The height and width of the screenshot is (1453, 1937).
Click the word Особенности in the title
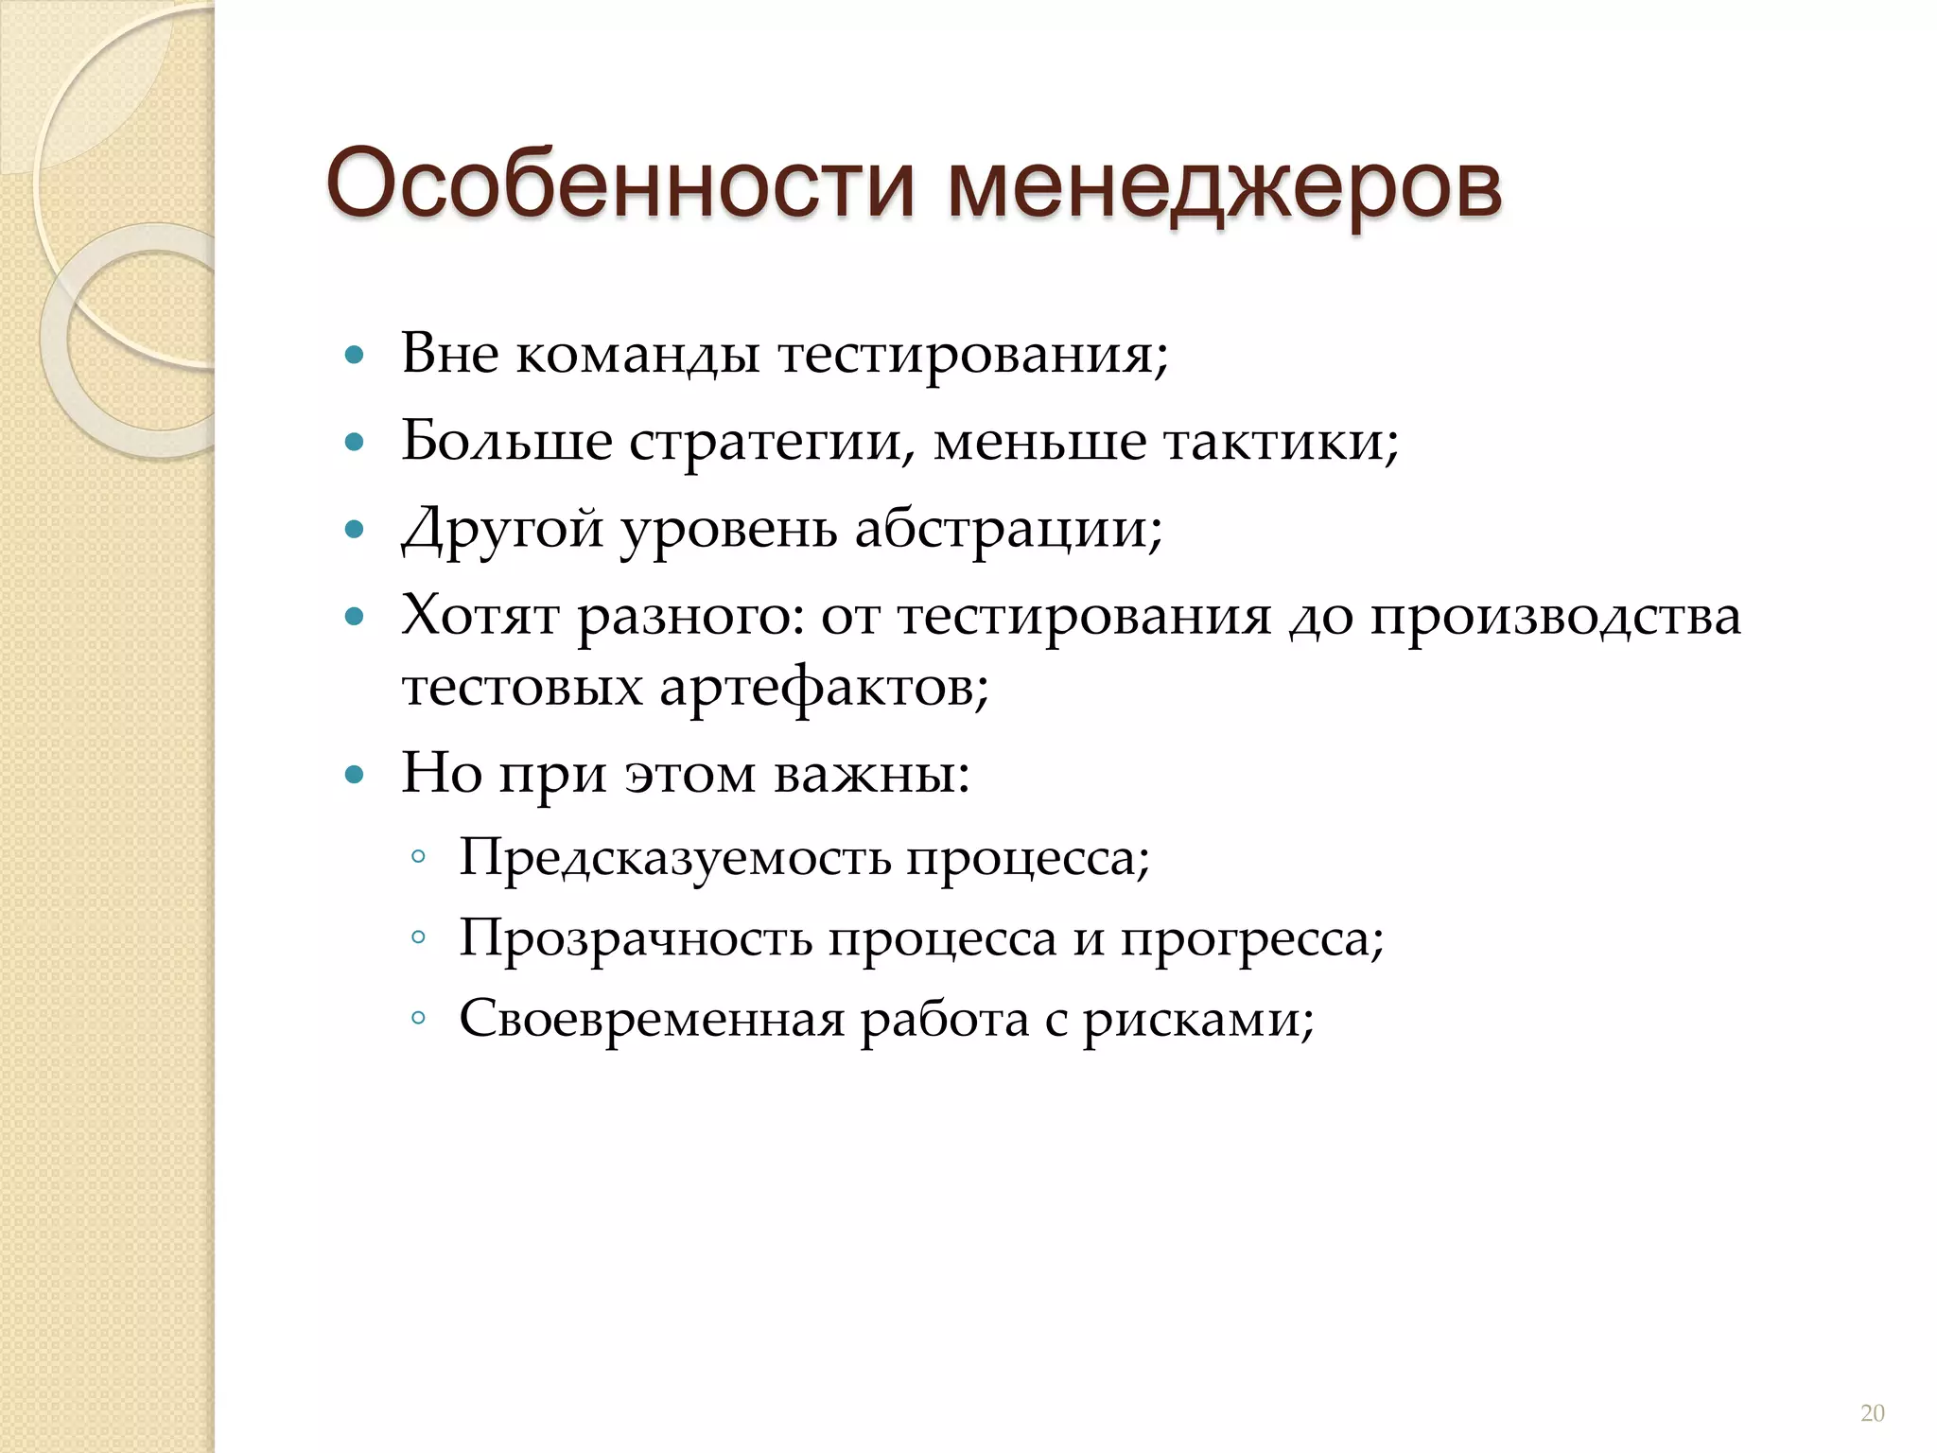tap(620, 184)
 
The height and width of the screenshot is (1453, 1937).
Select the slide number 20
tap(1872, 1413)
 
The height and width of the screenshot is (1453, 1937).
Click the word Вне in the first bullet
tap(449, 354)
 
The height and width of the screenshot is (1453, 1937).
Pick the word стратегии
tap(772, 443)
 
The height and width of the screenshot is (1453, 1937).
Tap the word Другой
tap(502, 530)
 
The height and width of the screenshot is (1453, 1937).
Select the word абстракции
tap(1007, 530)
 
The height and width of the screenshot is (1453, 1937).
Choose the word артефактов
tap(823, 687)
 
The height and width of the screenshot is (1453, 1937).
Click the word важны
tap(871, 774)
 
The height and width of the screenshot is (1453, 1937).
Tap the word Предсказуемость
tap(675, 859)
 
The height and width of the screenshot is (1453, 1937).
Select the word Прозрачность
tap(636, 939)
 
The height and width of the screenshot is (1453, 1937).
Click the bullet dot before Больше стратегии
tap(355, 442)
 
